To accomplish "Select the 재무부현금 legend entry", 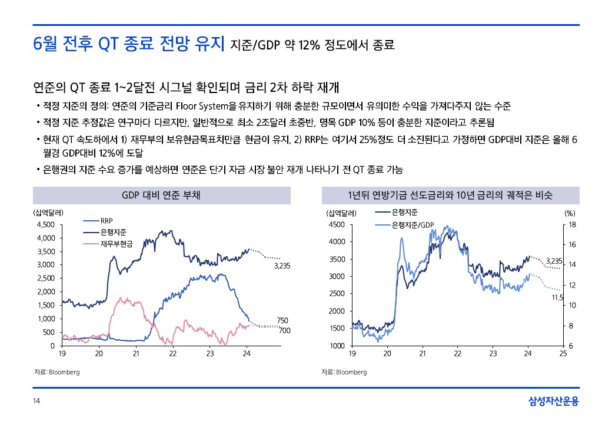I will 117,243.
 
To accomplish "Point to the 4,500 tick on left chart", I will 46,224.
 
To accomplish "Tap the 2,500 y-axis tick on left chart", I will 46,278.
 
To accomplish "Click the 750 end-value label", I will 282,320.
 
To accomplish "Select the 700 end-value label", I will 284,331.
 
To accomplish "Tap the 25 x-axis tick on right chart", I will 563,354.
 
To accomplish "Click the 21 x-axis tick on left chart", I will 136,354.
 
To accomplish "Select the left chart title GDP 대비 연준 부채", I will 160,196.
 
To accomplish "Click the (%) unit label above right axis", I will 570,213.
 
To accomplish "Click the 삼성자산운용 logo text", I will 553,402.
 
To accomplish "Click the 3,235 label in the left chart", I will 282,266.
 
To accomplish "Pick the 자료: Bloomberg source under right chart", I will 344,372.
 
